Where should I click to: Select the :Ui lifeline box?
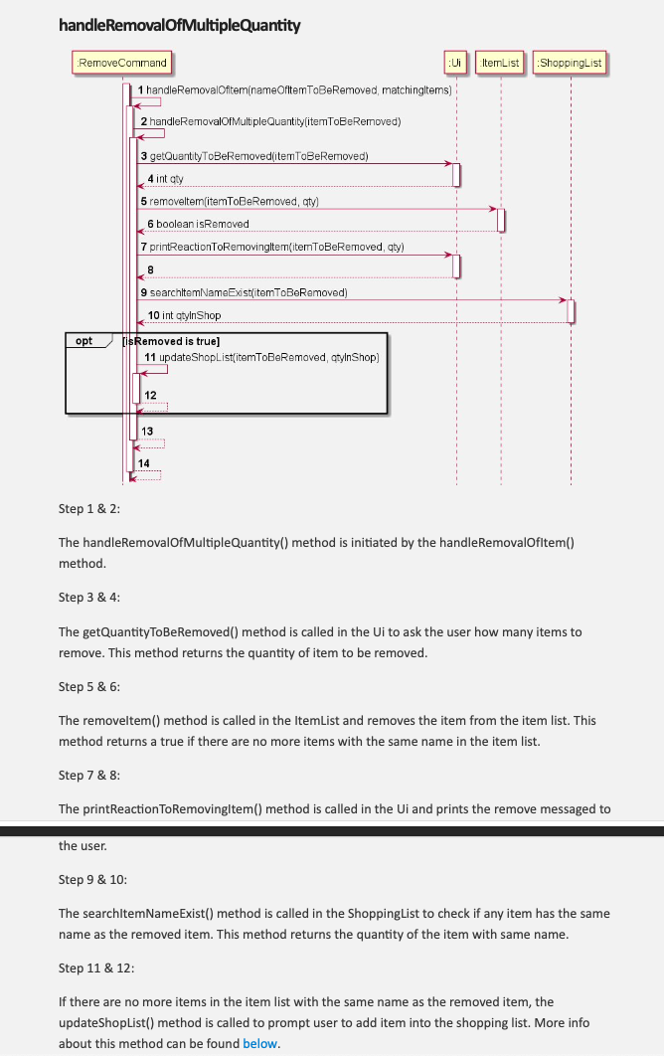pos(453,63)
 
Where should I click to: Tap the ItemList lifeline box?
pos(500,63)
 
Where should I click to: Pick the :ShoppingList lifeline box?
pos(570,63)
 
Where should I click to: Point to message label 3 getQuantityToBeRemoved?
pos(254,156)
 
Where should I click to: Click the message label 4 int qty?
pos(166,178)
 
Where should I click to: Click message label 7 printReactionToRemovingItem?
pos(271,247)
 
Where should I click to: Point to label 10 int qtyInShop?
pos(184,315)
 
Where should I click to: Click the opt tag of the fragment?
pos(84,341)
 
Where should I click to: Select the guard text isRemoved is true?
pos(164,341)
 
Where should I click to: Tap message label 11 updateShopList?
pos(261,356)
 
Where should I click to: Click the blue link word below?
pos(260,1043)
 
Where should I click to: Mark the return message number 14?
pos(144,464)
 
